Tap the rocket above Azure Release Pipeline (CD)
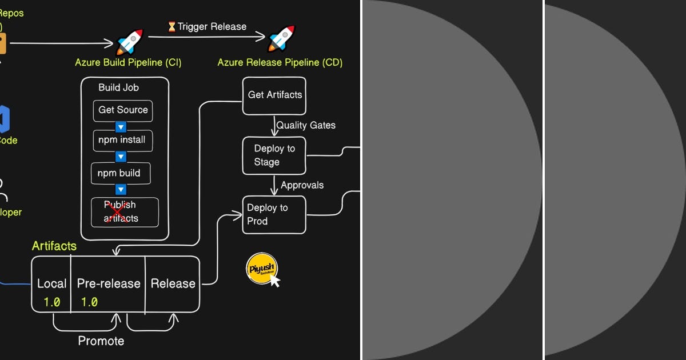[x=281, y=39]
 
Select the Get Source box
[x=123, y=110]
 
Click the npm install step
[x=122, y=140]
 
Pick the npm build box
[x=120, y=173]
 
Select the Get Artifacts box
[x=274, y=95]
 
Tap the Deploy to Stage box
[x=274, y=155]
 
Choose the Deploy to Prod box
[x=274, y=214]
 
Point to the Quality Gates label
[x=306, y=125]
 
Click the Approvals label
[x=302, y=185]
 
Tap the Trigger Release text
[x=212, y=27]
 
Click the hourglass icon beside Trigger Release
[x=171, y=27]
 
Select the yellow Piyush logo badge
[x=261, y=269]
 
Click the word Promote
[x=101, y=341]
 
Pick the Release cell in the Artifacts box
[x=173, y=284]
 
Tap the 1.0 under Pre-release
[x=89, y=302]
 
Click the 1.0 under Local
[x=52, y=302]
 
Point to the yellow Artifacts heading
[x=54, y=246]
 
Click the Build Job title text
[x=118, y=87]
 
